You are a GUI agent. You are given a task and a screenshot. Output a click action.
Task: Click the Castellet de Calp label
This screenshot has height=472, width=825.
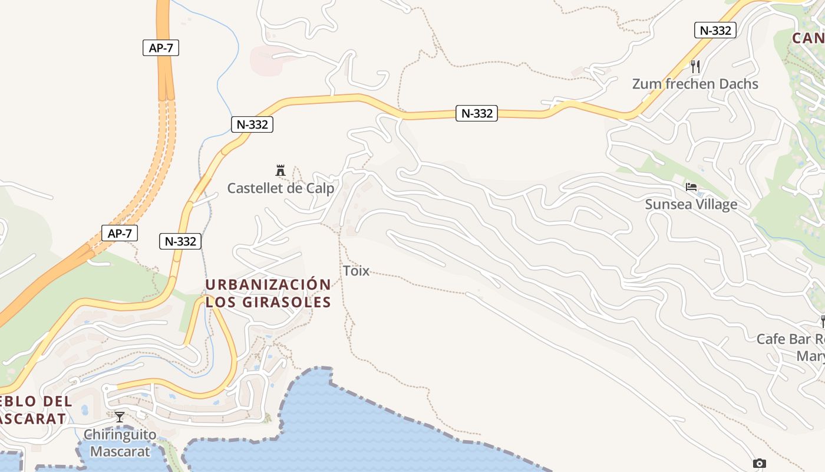click(280, 188)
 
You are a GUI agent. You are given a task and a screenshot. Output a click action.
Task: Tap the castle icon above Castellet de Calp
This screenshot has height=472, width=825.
click(280, 171)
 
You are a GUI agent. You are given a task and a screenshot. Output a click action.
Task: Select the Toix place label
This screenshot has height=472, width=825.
click(356, 271)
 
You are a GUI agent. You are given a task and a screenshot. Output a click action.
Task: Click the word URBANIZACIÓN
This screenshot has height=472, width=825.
click(268, 284)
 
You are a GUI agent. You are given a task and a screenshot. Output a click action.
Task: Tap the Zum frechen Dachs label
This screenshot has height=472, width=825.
click(695, 84)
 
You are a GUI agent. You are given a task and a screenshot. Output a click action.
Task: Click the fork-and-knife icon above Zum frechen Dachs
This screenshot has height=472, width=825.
click(695, 66)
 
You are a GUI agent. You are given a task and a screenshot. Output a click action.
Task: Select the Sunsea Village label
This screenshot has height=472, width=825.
click(691, 204)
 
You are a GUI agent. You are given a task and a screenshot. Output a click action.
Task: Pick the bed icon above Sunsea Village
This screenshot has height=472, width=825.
click(691, 187)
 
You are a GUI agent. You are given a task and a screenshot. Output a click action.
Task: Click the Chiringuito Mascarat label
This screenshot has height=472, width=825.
click(120, 443)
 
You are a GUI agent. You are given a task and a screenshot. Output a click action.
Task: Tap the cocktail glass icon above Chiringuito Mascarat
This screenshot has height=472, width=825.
click(120, 417)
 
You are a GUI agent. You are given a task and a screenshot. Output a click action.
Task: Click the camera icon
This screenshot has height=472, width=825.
click(760, 463)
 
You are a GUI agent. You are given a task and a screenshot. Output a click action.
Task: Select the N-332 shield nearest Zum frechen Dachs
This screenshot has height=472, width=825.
click(715, 30)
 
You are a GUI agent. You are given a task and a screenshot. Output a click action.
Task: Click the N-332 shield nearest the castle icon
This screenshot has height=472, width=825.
click(252, 124)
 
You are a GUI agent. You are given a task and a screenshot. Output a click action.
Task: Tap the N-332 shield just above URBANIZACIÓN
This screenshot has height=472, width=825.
click(180, 241)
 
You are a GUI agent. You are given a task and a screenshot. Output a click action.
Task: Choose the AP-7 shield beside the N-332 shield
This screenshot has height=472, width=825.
click(120, 233)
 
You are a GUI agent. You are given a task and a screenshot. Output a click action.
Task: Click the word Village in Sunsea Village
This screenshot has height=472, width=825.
click(715, 204)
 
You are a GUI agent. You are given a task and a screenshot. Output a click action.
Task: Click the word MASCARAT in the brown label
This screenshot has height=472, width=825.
click(32, 419)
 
